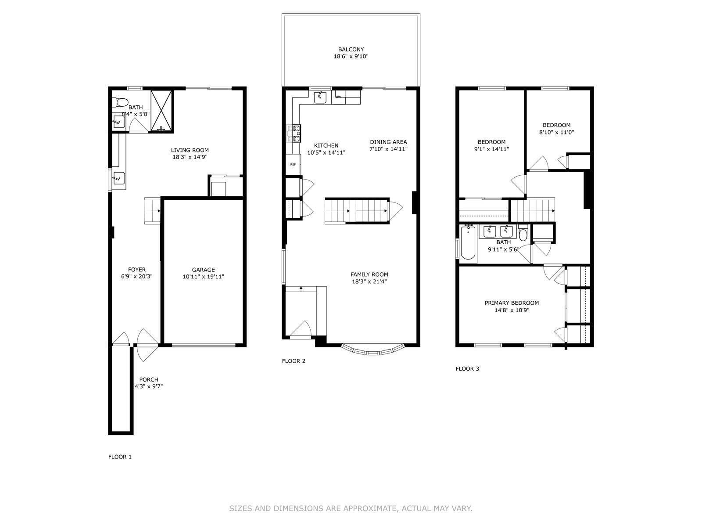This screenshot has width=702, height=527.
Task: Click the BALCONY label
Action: [351, 50]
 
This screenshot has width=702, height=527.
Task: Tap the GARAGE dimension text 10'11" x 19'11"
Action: [203, 277]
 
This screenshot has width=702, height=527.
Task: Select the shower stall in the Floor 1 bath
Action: [162, 111]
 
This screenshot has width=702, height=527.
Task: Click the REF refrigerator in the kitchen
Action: [293, 164]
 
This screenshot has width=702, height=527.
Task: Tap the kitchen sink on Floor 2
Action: [320, 97]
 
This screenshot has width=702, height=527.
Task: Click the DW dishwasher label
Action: [338, 97]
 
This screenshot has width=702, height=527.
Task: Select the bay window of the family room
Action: [372, 350]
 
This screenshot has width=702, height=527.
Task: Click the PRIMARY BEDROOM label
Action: [512, 303]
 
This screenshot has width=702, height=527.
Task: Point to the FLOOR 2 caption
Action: [294, 361]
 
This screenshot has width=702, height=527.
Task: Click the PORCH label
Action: [149, 379]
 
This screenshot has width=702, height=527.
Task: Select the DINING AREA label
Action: [388, 142]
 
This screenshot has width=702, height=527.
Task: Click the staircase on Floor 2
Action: [357, 211]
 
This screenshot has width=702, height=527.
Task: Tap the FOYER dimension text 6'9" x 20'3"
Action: [136, 277]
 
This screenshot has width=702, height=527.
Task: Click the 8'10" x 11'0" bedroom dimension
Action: [556, 132]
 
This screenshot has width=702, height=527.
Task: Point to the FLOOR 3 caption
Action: [467, 368]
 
